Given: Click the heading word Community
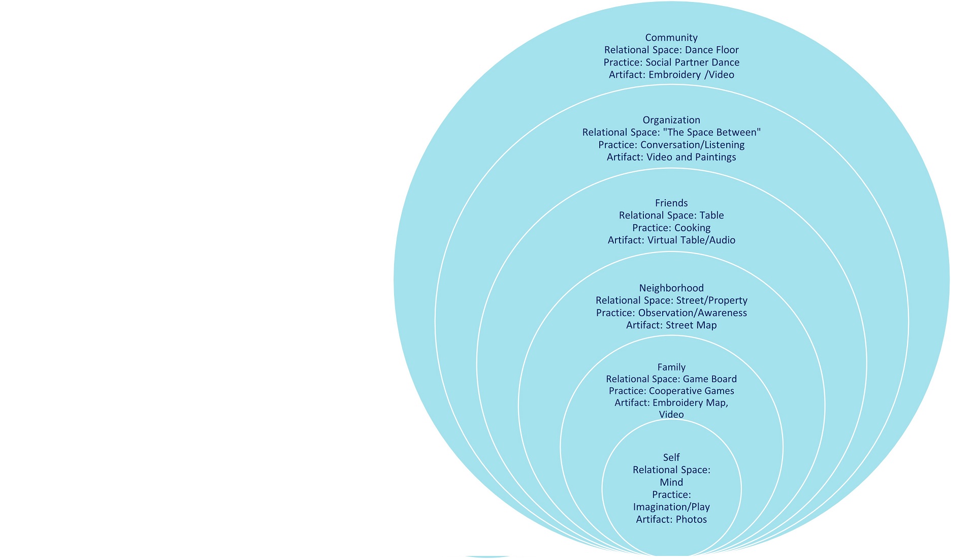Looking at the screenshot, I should [x=671, y=38].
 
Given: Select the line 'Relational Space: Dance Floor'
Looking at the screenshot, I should [x=671, y=50].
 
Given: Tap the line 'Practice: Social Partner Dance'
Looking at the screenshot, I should [x=671, y=63].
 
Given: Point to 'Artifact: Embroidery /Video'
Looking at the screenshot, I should [x=671, y=75].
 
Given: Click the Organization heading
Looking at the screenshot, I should [x=671, y=120].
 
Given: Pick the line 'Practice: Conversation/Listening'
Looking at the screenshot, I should [x=671, y=145].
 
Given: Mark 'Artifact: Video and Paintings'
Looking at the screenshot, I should [x=671, y=157].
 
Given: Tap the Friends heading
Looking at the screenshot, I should [x=671, y=203].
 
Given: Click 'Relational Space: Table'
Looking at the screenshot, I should [x=671, y=215].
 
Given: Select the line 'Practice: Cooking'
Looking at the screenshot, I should [x=671, y=228].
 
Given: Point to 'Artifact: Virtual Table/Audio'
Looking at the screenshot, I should [x=671, y=240].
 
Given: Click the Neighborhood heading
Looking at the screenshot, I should [x=671, y=288].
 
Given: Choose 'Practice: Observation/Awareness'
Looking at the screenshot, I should [x=671, y=313].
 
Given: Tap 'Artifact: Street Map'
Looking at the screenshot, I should [x=671, y=325].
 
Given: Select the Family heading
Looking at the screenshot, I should [x=671, y=367].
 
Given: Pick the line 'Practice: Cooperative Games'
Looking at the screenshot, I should [x=671, y=391].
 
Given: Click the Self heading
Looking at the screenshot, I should [x=671, y=457].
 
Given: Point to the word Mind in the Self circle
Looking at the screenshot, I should [x=671, y=482].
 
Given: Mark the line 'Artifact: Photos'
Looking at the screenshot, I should [x=671, y=519].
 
